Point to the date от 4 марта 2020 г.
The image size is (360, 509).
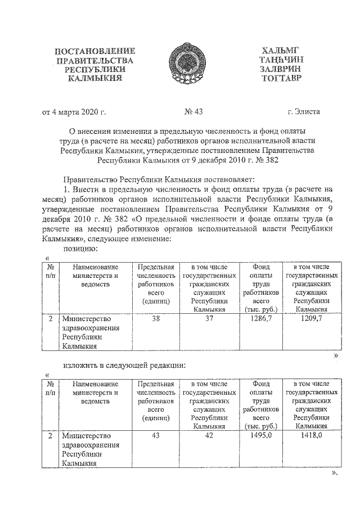click(x=74, y=111)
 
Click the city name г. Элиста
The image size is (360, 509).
click(x=303, y=111)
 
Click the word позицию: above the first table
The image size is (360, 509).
click(x=80, y=248)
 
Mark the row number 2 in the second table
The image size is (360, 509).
click(x=51, y=436)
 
